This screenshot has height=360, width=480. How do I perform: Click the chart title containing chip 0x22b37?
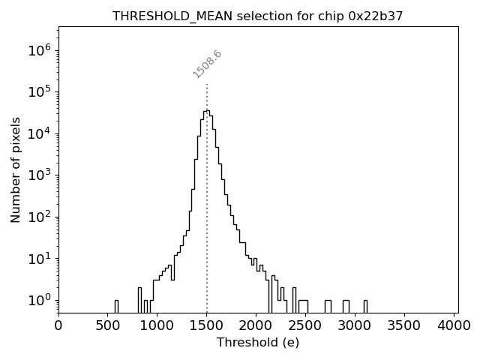click(257, 16)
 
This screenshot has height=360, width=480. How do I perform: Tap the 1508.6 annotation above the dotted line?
click(208, 64)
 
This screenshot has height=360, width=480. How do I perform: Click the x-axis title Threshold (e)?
click(258, 343)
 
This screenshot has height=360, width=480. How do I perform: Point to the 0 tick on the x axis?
click(58, 325)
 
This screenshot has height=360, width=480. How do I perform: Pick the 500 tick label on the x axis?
click(108, 325)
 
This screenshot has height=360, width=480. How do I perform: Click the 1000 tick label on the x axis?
click(157, 325)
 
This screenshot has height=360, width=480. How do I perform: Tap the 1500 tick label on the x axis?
click(208, 325)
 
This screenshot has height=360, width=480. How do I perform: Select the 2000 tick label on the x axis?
click(257, 325)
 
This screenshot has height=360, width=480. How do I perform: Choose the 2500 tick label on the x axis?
click(307, 325)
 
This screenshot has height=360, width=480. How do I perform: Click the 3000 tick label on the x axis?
click(356, 325)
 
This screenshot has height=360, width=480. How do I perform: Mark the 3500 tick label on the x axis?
click(406, 325)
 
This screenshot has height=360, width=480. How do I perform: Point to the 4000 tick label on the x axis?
click(455, 325)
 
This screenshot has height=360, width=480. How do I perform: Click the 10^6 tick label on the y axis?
click(38, 50)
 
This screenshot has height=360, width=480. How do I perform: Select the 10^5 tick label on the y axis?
click(38, 91)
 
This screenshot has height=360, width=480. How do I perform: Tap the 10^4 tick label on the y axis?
click(38, 133)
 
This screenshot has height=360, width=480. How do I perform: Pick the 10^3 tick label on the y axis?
click(38, 175)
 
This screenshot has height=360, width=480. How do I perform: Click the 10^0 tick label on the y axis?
click(38, 300)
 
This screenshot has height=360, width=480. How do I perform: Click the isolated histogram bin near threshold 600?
click(116, 306)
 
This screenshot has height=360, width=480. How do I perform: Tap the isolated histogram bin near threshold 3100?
click(365, 306)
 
